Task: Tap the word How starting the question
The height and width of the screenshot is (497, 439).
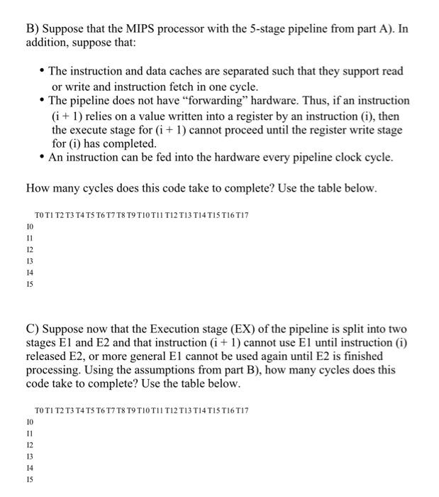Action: tap(38, 188)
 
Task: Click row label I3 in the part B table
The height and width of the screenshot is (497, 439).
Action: tap(29, 261)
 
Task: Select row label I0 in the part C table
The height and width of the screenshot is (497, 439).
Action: tap(29, 422)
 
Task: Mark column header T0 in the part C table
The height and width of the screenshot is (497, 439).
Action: tap(40, 410)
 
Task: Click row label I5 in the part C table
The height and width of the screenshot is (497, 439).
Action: tap(29, 480)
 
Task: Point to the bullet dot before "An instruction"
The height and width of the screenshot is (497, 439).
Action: tap(42, 158)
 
